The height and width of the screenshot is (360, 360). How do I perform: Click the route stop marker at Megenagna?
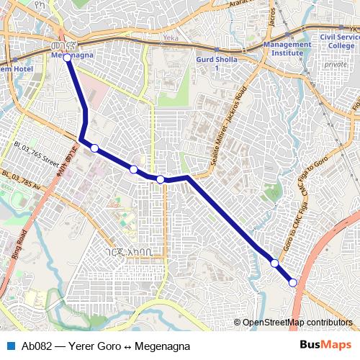[x=67, y=57]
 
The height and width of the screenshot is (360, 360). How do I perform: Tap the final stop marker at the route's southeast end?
[x=293, y=283]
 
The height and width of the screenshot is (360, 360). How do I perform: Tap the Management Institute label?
[x=287, y=48]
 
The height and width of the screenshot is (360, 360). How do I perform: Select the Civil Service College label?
[x=337, y=41]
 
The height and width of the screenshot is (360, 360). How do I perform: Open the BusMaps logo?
[x=325, y=346]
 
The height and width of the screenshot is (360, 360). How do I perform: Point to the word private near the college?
[x=336, y=64]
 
